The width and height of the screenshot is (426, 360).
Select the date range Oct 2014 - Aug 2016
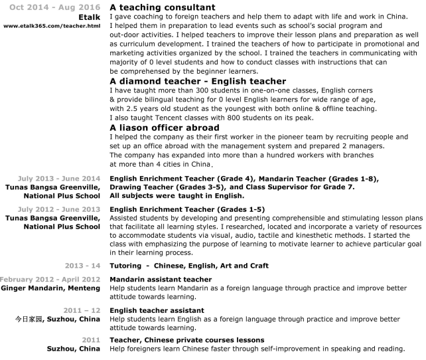click(x=55, y=8)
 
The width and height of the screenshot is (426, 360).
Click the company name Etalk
click(x=90, y=17)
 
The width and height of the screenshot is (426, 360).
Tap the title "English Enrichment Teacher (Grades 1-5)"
click(x=187, y=209)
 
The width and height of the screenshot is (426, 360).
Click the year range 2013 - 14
click(x=83, y=265)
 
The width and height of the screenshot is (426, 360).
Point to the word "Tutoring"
click(x=127, y=266)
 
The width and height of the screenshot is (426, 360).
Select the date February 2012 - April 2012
click(x=50, y=279)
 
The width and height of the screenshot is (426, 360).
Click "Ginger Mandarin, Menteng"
click(x=50, y=288)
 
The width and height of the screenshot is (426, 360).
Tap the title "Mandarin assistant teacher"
click(x=161, y=279)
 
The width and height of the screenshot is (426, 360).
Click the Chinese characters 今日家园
click(x=29, y=319)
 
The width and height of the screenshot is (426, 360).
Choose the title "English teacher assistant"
click(x=158, y=310)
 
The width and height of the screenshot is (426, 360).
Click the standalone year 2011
click(x=91, y=340)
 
